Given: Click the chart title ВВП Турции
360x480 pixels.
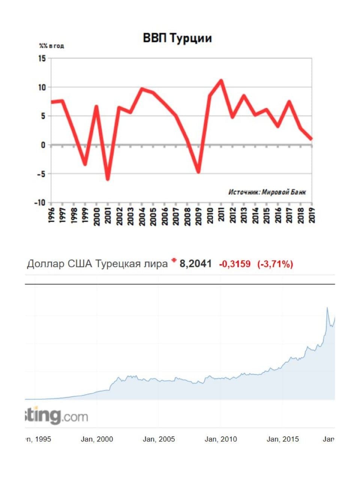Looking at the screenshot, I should click(x=177, y=38).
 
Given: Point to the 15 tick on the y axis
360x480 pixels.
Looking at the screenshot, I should click(x=41, y=58).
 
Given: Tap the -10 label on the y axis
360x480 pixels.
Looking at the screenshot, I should click(x=39, y=202).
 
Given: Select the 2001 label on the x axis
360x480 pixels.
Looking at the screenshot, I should click(x=108, y=216).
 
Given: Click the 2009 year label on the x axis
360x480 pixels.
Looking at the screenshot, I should click(x=199, y=216).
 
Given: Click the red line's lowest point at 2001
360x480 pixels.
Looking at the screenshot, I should click(x=108, y=179).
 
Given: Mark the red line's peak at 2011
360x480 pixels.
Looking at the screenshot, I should click(x=221, y=80).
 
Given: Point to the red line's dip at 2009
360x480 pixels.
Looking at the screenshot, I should click(x=198, y=172).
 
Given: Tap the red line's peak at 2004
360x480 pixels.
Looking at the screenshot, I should click(x=142, y=89).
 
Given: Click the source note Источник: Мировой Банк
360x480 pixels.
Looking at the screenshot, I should click(x=267, y=192).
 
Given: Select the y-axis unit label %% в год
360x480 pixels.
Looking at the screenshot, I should click(x=52, y=46).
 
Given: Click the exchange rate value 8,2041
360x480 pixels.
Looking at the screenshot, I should click(x=195, y=264).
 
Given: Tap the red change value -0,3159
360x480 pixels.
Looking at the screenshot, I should click(x=235, y=264).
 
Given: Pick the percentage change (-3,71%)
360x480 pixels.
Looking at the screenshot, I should click(x=275, y=264).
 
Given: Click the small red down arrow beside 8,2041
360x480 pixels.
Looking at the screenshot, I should click(x=174, y=260).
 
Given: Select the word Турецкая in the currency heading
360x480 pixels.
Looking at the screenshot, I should click(x=117, y=264).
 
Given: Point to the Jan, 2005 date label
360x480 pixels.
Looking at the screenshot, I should click(x=159, y=439).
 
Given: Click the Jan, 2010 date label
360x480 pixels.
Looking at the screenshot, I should click(x=220, y=439).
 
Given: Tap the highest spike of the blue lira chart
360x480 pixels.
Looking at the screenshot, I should click(x=327, y=308).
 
